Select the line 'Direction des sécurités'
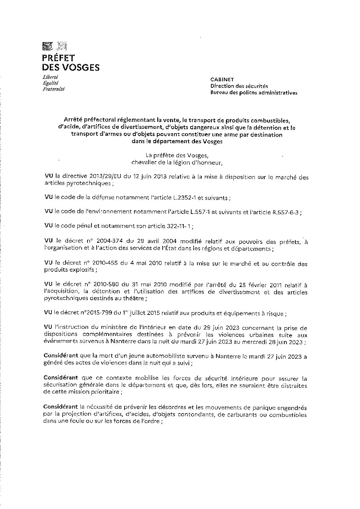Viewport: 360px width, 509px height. (x=239, y=86)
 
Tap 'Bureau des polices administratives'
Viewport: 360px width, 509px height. (x=253, y=92)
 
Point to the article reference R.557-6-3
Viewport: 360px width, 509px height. (x=285, y=211)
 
